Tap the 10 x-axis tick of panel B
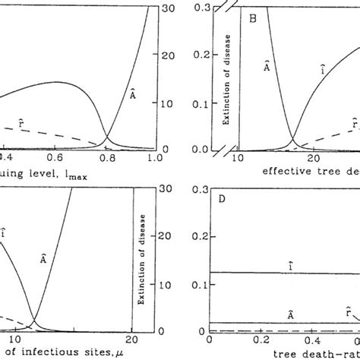tap(235, 157)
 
